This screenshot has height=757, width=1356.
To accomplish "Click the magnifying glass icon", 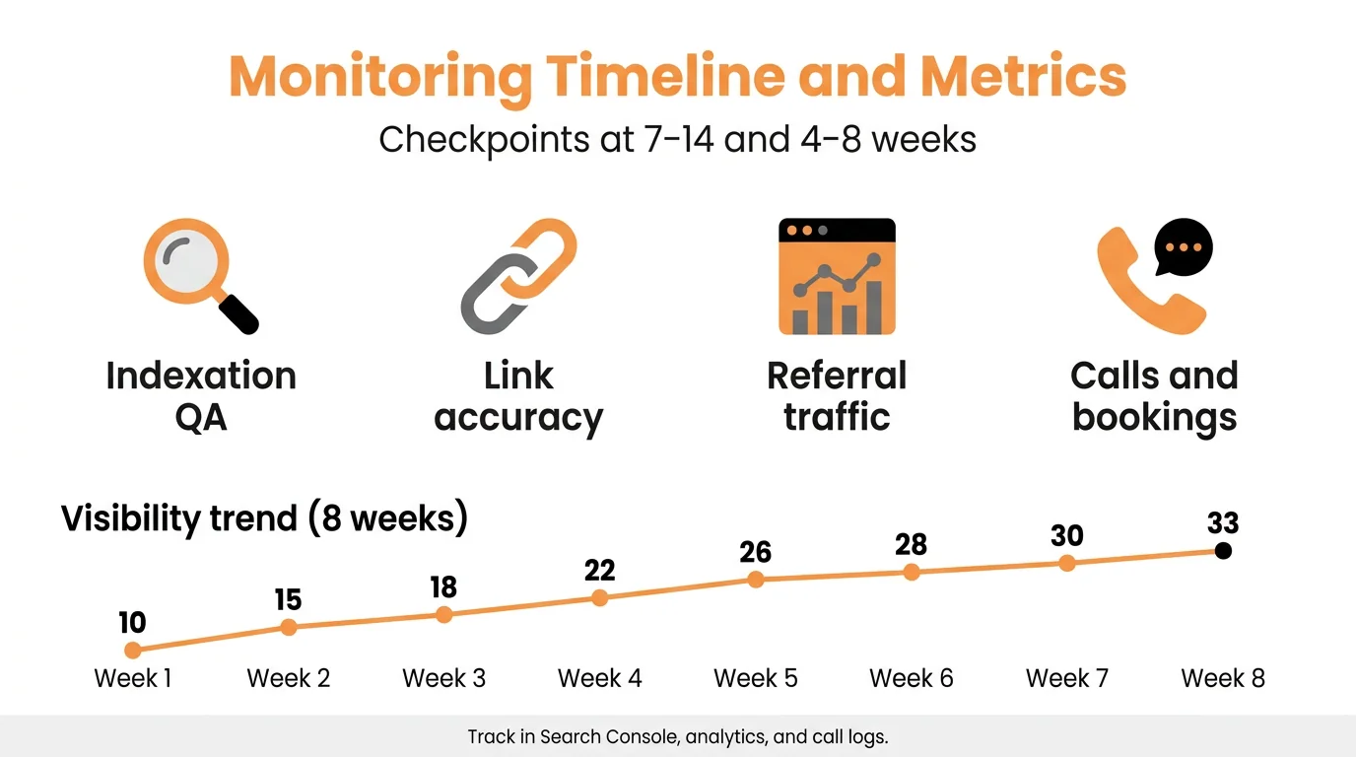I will pyautogui.click(x=197, y=275).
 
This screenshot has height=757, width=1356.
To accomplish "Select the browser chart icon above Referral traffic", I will pyautogui.click(x=837, y=277).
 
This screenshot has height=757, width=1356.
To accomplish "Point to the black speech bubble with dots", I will pyautogui.click(x=1183, y=246).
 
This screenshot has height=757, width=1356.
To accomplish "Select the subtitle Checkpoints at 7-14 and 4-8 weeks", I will pyautogui.click(x=677, y=139).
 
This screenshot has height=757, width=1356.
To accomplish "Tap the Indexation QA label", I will pyautogui.click(x=201, y=396).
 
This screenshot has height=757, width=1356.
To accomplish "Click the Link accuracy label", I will pyautogui.click(x=518, y=396).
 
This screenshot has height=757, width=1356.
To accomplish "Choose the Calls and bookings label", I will pyautogui.click(x=1154, y=396).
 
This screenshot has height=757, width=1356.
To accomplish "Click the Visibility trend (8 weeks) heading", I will pyautogui.click(x=264, y=517).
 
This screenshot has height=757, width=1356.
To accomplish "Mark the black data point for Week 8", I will pyautogui.click(x=1223, y=551).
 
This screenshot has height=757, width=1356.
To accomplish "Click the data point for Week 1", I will pyautogui.click(x=133, y=650).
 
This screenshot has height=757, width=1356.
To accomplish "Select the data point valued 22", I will pyautogui.click(x=599, y=597).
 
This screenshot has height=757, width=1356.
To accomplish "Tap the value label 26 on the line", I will pyautogui.click(x=755, y=552).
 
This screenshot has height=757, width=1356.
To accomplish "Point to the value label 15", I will pyautogui.click(x=288, y=600).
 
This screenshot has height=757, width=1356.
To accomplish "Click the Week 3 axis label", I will pyautogui.click(x=443, y=678).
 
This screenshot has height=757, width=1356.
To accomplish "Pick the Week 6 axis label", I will pyautogui.click(x=911, y=678).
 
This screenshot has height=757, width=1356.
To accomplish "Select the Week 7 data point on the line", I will pyautogui.click(x=1066, y=563).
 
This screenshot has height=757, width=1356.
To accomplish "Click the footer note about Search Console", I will pyautogui.click(x=678, y=736).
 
